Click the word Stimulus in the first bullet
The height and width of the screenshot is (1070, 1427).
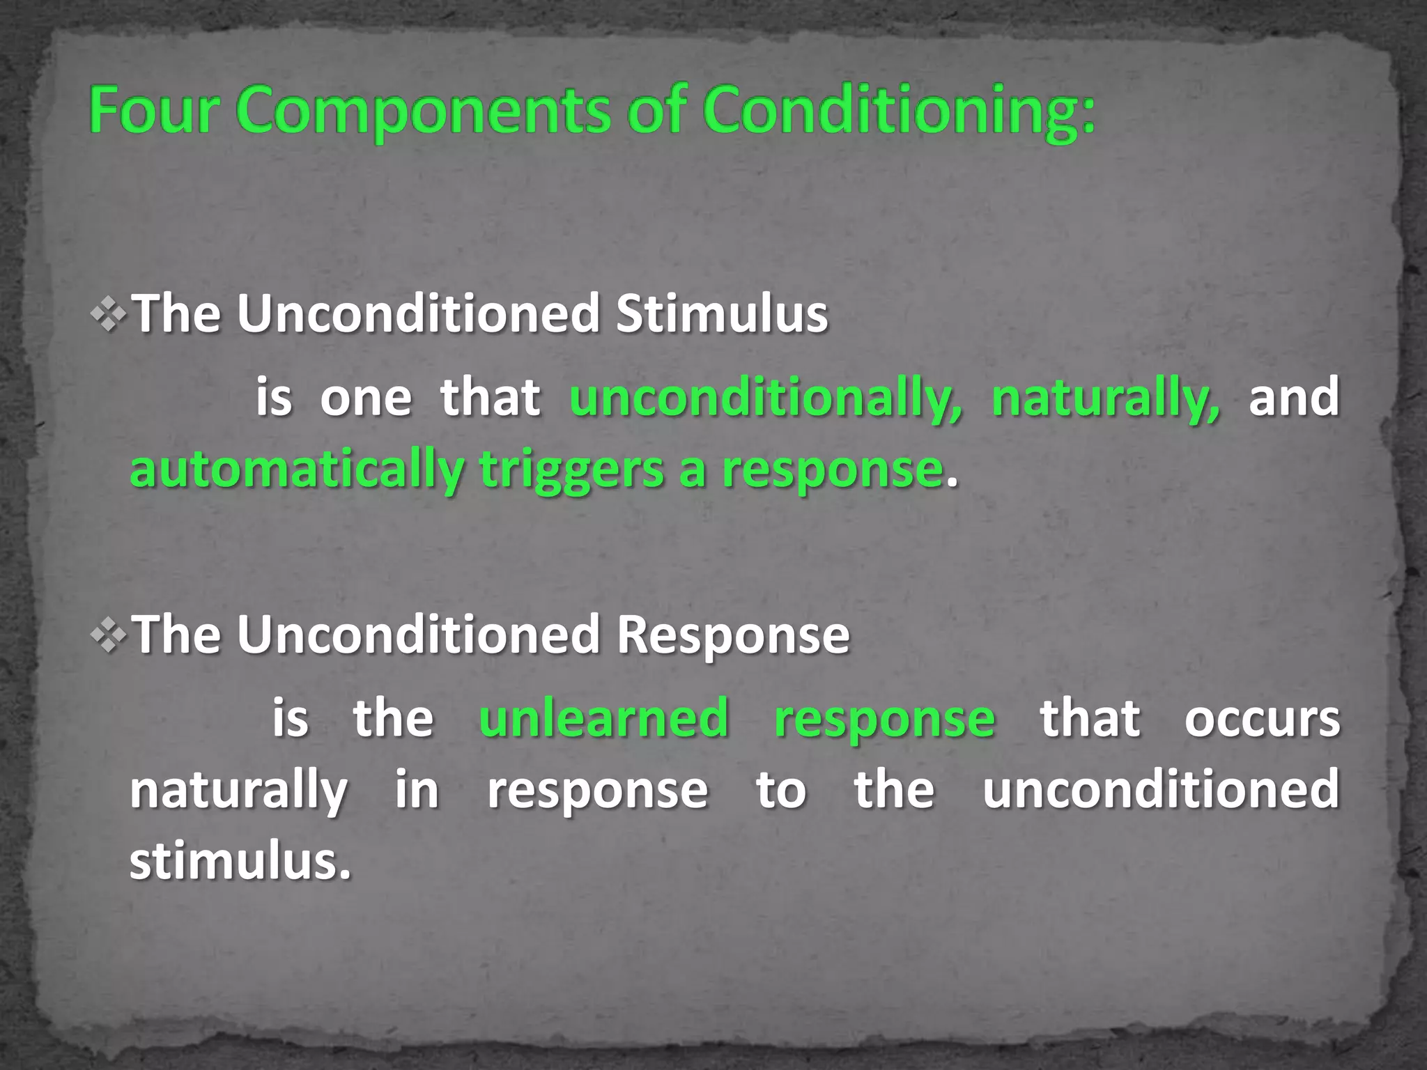[x=722, y=314]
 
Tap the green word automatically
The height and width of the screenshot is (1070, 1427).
[x=297, y=471]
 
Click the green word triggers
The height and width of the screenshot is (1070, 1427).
[x=571, y=471]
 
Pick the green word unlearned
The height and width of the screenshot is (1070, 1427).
[x=603, y=718]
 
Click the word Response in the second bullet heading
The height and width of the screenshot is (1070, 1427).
[x=733, y=635]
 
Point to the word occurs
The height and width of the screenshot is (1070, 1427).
[x=1262, y=718]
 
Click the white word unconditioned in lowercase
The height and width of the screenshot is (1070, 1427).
[x=1161, y=789]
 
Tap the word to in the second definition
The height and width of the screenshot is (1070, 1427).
[x=781, y=789]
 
